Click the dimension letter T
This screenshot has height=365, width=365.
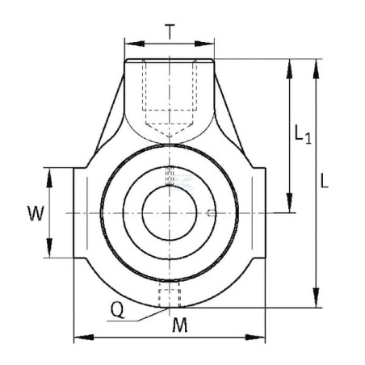point(170,31)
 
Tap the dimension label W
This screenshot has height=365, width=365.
point(36,213)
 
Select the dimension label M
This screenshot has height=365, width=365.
point(180,325)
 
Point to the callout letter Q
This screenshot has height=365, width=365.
point(118,309)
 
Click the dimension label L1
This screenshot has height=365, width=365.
point(303,134)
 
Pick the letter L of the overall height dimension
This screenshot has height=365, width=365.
point(325,181)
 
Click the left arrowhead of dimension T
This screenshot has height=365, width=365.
point(135,44)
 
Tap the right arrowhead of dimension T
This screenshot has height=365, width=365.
point(204,44)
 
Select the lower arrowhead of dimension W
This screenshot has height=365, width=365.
point(49,248)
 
